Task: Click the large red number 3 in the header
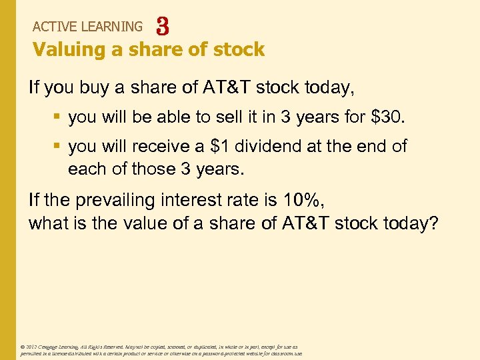tap(162, 27)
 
